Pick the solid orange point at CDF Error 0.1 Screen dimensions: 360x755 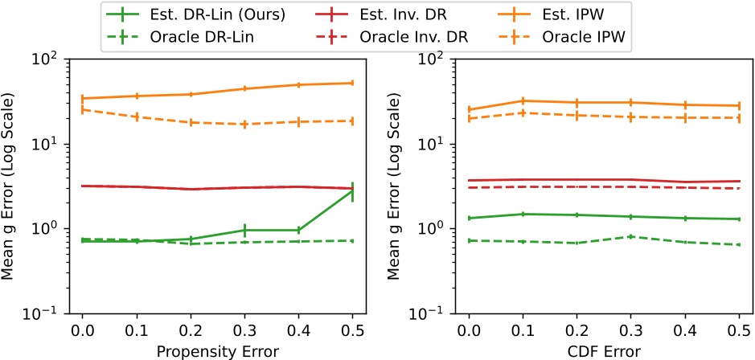click(x=522, y=101)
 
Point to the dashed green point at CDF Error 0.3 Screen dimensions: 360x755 click(x=630, y=236)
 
